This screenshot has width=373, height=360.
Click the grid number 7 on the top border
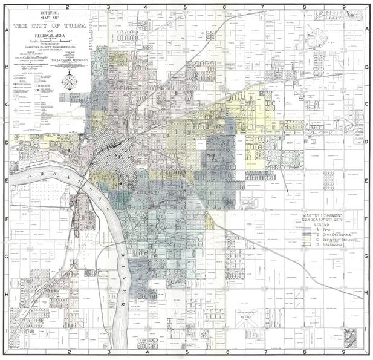pyautogui.click(x=263, y=8)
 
